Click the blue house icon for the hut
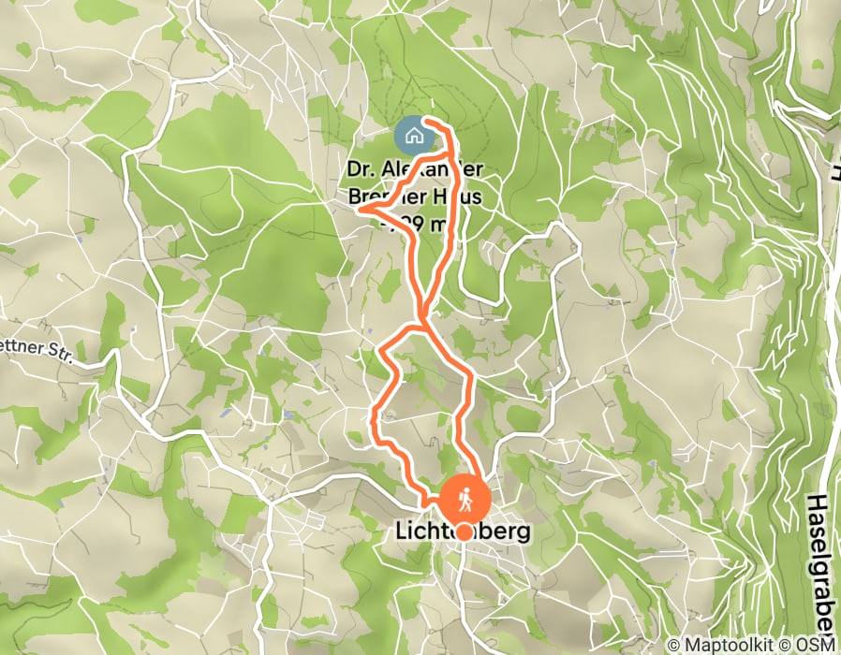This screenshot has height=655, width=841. click(413, 136)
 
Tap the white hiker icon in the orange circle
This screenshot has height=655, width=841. click(464, 500)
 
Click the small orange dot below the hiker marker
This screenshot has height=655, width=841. click(464, 532)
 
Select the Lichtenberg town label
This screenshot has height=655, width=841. click(463, 531)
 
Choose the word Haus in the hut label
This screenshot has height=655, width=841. click(456, 197)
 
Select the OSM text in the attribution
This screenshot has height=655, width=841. click(816, 645)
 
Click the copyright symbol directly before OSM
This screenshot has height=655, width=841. click(789, 645)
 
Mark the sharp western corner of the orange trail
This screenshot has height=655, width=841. click(361, 211)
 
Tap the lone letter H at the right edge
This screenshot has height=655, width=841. click(834, 173)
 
